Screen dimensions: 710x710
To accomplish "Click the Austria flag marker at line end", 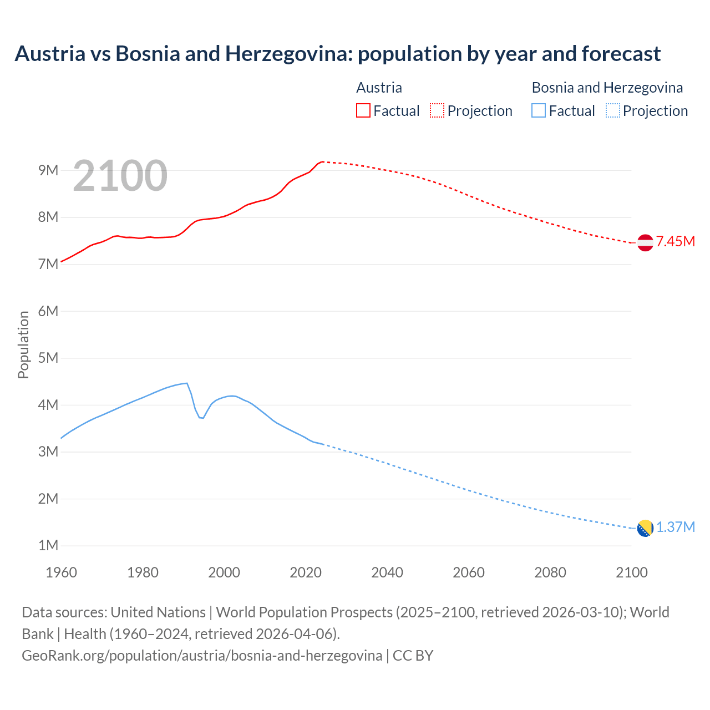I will click(x=645, y=242).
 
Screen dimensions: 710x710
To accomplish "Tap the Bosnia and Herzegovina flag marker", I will click(x=645, y=528).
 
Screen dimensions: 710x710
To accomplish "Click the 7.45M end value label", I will click(x=675, y=241).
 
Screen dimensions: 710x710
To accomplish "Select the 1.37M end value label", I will click(x=675, y=527).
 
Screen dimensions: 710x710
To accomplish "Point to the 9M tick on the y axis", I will click(x=48, y=170).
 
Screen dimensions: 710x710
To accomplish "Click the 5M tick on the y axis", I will click(x=48, y=358).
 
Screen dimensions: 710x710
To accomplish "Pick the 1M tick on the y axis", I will click(x=48, y=545).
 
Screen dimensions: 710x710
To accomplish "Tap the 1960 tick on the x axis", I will click(x=61, y=572).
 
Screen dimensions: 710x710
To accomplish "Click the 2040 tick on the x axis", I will click(x=387, y=572).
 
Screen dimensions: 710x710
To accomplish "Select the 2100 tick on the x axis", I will click(x=631, y=572).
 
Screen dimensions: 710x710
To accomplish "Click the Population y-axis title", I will click(x=23, y=344).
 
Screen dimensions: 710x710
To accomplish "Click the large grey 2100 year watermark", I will click(x=120, y=176).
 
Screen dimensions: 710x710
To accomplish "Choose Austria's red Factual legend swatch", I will click(x=363, y=111).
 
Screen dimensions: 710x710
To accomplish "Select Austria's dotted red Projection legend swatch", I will click(x=437, y=111).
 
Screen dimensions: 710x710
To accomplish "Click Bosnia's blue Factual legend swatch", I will click(x=539, y=111).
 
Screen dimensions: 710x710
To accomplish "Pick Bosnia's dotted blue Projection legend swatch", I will click(x=613, y=111).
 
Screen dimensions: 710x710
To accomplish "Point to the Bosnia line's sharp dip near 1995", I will click(x=201, y=418).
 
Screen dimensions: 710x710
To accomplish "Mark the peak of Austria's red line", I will click(x=322, y=161).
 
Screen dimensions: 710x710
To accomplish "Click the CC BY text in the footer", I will click(x=413, y=655).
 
